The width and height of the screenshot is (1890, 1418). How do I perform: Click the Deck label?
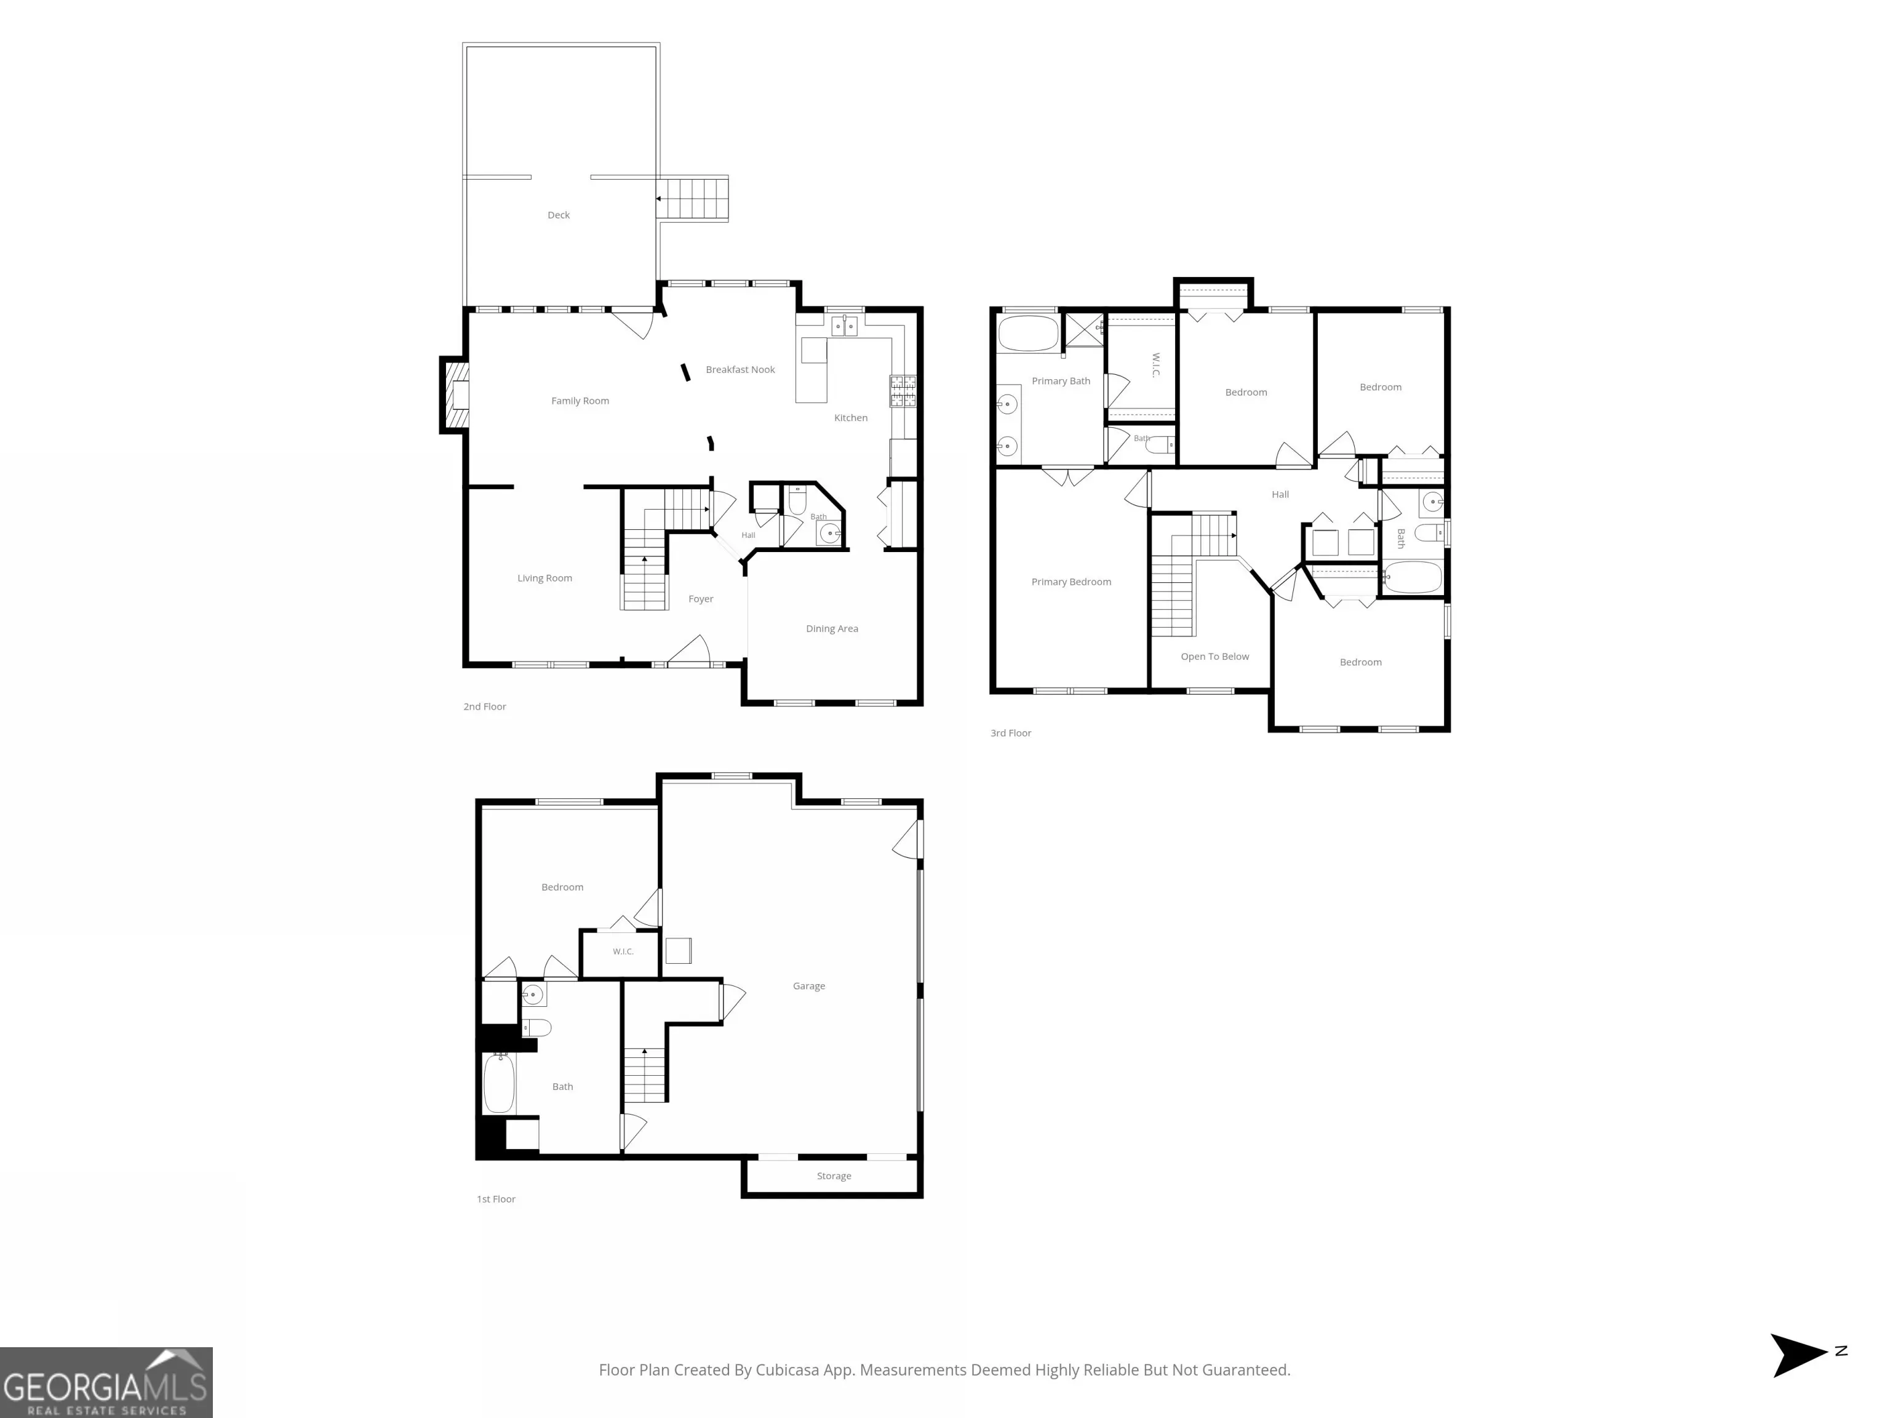point(558,215)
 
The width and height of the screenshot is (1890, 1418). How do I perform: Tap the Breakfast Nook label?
point(740,370)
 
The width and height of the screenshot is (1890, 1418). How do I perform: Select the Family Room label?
point(580,401)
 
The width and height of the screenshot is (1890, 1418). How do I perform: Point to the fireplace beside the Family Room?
point(455,395)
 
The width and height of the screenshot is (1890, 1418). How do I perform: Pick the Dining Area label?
point(832,629)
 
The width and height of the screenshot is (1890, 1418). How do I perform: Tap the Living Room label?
point(544,579)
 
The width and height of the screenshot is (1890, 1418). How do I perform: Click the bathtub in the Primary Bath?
point(1029,334)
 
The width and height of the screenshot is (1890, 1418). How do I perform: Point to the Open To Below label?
point(1215,657)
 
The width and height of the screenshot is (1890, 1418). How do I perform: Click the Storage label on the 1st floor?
point(834,1176)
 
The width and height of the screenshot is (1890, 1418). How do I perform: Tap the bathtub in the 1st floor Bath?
point(499,1083)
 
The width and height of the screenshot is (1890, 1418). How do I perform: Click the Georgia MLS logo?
point(106,1382)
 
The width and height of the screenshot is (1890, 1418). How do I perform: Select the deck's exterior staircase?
point(693,198)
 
